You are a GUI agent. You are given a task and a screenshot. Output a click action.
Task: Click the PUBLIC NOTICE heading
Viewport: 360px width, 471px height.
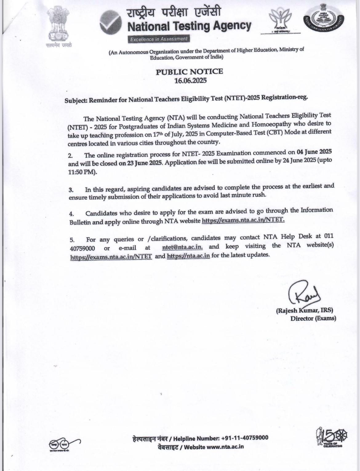pos(189,72)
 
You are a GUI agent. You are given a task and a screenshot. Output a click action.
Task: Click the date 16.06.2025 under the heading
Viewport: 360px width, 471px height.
pos(190,81)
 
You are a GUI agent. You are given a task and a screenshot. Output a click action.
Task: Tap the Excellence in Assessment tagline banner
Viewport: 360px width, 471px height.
pos(158,39)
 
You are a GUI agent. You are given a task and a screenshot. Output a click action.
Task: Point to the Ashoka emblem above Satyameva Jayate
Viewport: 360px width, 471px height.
pos(58,26)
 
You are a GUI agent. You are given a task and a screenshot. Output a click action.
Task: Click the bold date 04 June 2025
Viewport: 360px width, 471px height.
pos(314,152)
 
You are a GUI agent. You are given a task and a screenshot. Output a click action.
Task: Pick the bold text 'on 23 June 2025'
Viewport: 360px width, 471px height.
pos(140,163)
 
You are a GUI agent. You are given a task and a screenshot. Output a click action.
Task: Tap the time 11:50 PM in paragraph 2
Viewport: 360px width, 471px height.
pos(81,172)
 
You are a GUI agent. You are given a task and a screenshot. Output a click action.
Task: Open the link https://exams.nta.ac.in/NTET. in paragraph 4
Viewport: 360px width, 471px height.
pos(243,220)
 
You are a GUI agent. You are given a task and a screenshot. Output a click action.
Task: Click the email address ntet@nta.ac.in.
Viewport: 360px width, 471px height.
pos(182,247)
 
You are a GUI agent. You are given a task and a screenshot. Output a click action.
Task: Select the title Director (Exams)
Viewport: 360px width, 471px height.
pos(313,318)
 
